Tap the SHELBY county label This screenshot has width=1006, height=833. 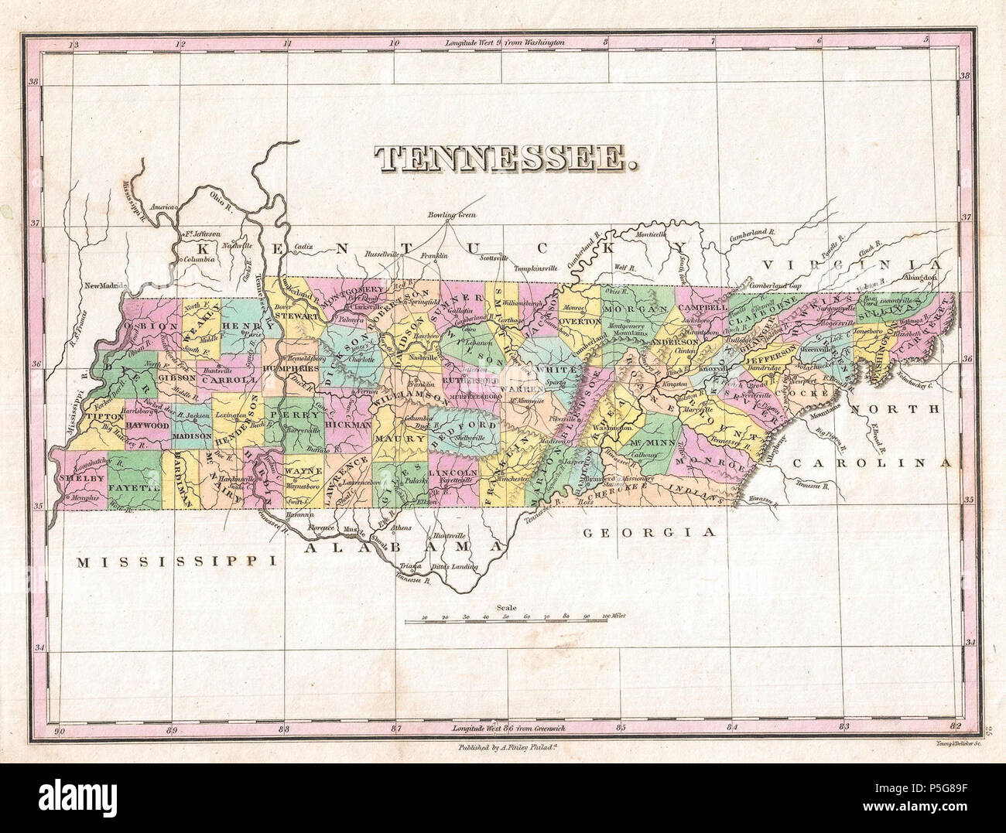pyautogui.click(x=80, y=479)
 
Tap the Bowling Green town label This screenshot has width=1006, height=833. pyautogui.click(x=453, y=215)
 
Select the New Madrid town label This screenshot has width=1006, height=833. pyautogui.click(x=104, y=285)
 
